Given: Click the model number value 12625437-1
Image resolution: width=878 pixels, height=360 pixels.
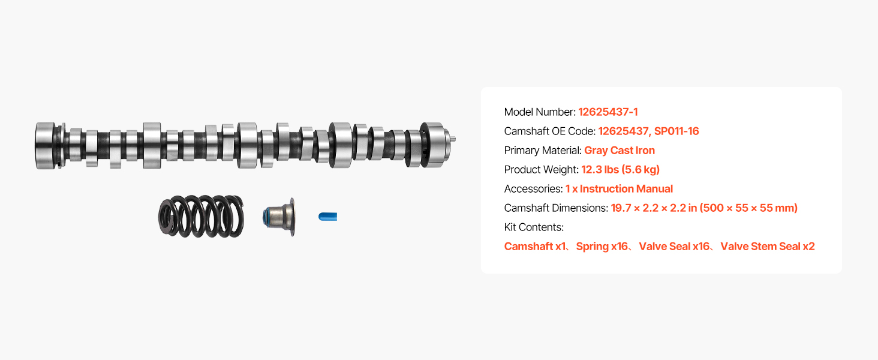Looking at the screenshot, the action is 608,112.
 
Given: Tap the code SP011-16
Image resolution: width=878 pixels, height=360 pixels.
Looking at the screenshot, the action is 676,131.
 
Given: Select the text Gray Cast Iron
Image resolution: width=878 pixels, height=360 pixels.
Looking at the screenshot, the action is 620,151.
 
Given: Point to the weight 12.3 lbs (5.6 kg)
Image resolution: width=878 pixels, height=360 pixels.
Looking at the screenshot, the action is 621,170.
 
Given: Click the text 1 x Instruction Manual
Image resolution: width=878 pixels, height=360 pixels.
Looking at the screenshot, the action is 619,189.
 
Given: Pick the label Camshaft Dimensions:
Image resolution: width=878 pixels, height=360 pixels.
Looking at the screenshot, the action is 556,208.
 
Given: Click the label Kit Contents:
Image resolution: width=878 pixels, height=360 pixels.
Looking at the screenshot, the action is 534,227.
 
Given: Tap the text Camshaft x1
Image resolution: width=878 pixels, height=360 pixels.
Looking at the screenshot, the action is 535,247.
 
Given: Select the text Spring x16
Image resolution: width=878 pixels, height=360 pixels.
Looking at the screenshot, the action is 602,247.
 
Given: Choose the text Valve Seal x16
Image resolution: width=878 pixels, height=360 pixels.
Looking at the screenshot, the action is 674,247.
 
